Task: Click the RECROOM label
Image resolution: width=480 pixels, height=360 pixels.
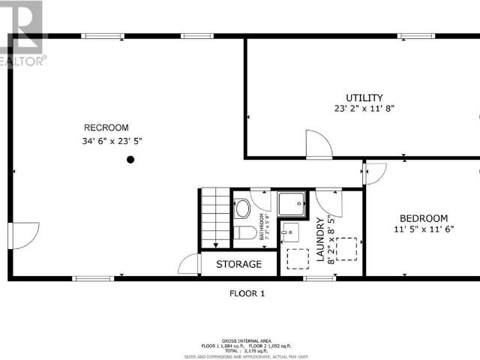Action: (106, 127)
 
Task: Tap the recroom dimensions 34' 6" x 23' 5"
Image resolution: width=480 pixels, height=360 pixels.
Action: (112, 141)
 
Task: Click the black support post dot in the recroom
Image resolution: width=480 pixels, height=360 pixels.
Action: (130, 159)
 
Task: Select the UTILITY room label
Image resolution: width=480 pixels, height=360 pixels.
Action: (364, 97)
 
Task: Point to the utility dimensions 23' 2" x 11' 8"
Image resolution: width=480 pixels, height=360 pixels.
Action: (364, 109)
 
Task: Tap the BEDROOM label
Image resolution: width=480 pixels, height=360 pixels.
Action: (424, 218)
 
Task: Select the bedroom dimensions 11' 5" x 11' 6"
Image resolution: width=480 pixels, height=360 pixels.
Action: (424, 229)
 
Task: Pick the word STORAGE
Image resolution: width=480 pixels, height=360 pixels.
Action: (238, 264)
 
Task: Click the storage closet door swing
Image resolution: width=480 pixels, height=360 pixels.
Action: (190, 264)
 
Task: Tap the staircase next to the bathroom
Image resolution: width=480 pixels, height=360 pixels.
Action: (214, 217)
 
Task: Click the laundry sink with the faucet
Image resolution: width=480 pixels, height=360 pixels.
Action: (291, 232)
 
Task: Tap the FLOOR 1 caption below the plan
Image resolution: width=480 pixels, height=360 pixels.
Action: (247, 293)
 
